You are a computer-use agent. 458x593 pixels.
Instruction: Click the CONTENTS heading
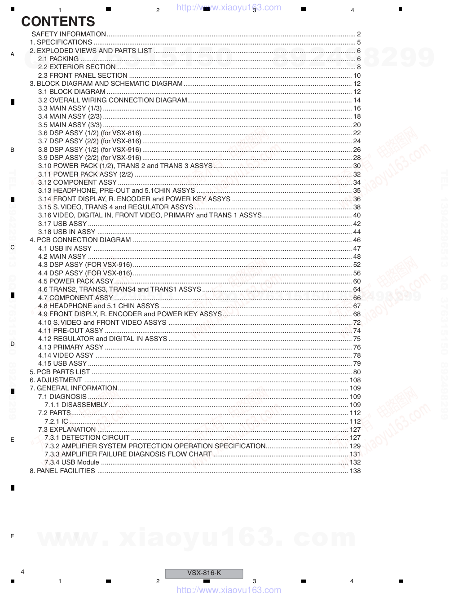58,22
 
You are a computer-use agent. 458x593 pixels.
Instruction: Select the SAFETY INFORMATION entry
69,34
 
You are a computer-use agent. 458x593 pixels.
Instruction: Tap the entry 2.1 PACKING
58,59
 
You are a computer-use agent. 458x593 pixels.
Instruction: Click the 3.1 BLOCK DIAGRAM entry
71,92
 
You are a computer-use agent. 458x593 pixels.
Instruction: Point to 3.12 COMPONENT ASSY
77,182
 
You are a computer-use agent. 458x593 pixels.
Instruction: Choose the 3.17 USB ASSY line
62,224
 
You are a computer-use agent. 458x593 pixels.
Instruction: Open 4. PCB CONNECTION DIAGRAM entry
80,240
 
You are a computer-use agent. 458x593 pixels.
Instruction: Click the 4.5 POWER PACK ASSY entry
75,281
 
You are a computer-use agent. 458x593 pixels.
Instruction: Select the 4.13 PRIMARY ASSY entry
70,347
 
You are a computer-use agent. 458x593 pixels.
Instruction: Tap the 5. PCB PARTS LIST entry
60,372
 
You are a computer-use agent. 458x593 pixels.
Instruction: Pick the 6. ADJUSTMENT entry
56,380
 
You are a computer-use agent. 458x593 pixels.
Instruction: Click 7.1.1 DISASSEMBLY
76,405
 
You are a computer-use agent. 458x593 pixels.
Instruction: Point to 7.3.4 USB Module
72,462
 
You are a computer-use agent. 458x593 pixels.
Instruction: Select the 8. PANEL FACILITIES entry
62,471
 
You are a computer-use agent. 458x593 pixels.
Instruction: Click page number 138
355,471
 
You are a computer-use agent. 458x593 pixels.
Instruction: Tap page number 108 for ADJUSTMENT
355,380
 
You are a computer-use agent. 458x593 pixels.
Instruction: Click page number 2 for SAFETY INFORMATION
359,34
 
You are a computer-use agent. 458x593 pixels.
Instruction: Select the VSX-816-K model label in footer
204,573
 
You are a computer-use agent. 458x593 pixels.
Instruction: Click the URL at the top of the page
229,7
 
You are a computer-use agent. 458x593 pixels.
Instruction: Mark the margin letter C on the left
12,248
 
